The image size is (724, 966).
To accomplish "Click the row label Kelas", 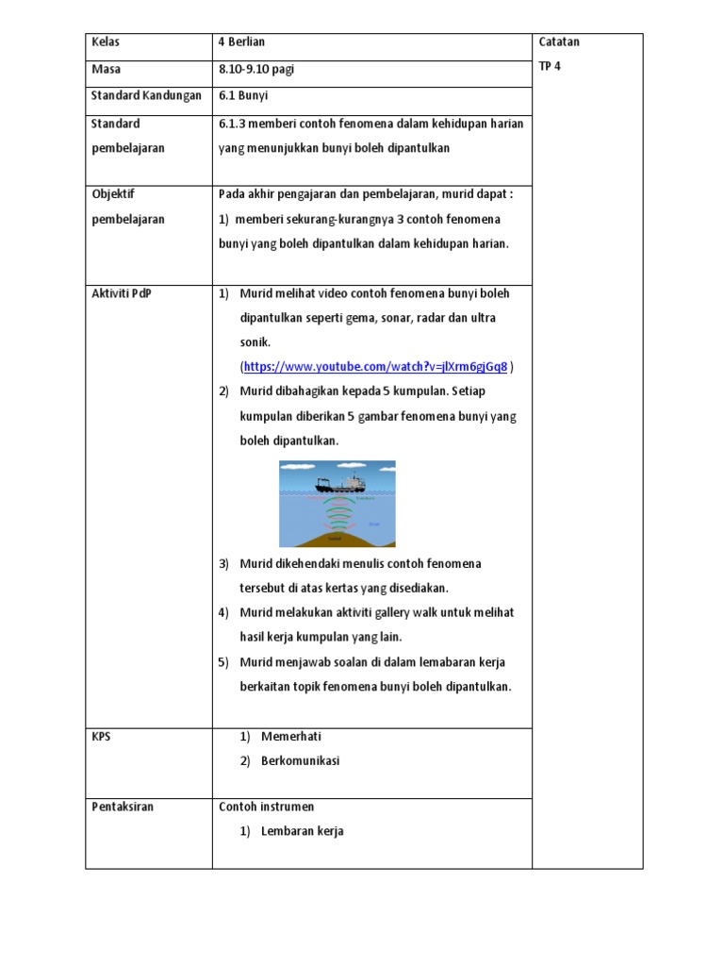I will click(106, 42).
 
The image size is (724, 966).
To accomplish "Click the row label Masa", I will click(107, 69).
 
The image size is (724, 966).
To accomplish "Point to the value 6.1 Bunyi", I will click(243, 95).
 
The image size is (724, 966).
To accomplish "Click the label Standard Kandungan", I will click(146, 95).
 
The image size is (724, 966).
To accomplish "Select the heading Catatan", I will click(559, 42).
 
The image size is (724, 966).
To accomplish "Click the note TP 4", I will click(550, 67).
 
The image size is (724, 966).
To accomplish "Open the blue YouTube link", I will click(376, 366).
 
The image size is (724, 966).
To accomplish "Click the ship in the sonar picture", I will click(342, 484).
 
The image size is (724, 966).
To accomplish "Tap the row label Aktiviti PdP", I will click(121, 293).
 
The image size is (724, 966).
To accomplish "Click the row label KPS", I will click(101, 737).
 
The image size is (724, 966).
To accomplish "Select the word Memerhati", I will click(291, 737).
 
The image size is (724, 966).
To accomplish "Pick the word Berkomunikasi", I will click(301, 760).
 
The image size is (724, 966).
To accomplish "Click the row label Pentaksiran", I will click(123, 807).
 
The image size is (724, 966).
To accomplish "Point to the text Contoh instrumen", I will click(267, 807).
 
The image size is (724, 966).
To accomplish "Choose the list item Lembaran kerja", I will click(303, 831).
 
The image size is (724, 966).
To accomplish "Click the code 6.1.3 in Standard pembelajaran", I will click(232, 124).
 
